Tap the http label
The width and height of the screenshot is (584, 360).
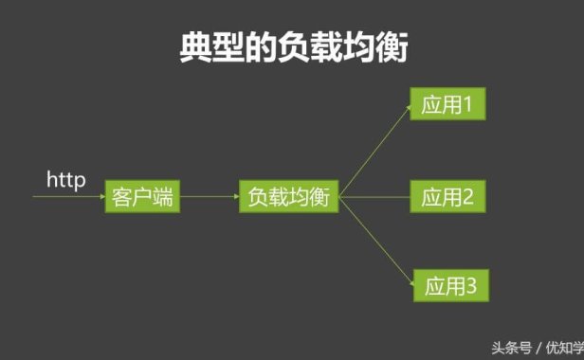click(x=66, y=178)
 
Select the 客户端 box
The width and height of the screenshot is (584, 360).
click(x=141, y=198)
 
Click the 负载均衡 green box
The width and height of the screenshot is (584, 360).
click(x=288, y=198)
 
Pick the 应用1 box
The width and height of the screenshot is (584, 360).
click(x=447, y=105)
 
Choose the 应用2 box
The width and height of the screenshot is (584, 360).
click(x=447, y=198)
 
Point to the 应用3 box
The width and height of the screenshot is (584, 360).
click(x=448, y=284)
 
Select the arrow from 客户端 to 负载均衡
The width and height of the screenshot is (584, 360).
click(x=209, y=198)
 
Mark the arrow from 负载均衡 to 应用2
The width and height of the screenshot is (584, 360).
click(x=374, y=198)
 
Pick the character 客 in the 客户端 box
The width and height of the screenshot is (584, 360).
click(x=121, y=198)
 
